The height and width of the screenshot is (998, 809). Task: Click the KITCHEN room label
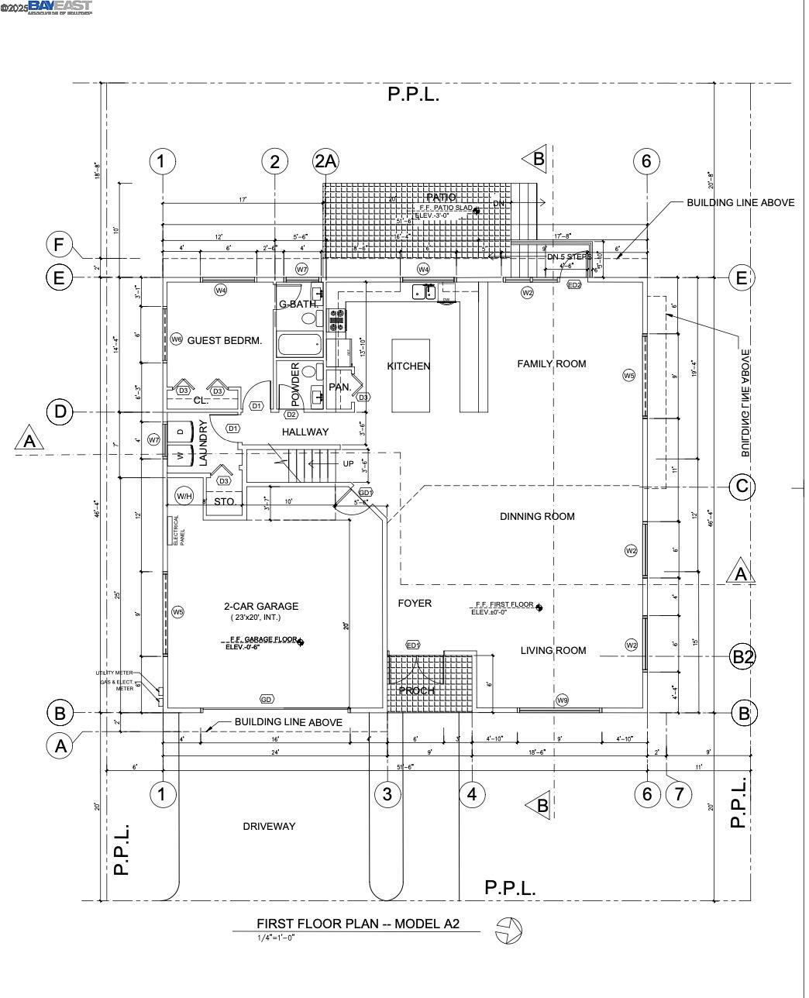[x=408, y=366]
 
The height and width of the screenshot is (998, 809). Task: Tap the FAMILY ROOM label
[x=551, y=363]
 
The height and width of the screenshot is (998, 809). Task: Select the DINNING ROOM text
[x=536, y=516]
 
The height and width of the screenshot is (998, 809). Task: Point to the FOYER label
[x=415, y=603]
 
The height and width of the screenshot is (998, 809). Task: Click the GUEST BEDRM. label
[x=225, y=340]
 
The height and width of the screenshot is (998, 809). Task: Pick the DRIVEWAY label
[x=269, y=826]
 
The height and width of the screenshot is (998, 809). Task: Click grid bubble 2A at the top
[x=325, y=161]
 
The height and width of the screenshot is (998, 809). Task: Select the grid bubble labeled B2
[x=743, y=657]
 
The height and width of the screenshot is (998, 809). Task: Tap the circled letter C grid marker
[x=742, y=487]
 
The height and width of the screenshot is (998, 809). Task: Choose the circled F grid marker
[x=59, y=245]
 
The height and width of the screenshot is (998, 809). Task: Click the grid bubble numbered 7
[x=679, y=793]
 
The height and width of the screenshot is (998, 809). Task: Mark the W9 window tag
[x=563, y=700]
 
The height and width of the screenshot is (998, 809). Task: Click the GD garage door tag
[x=267, y=699]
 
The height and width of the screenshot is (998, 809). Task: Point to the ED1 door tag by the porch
[x=413, y=645]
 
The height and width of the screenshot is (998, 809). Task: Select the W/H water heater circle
[x=184, y=496]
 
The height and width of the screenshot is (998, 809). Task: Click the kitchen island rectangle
[x=410, y=375]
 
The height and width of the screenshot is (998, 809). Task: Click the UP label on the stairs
[x=348, y=463]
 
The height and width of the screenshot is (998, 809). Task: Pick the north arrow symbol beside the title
[x=509, y=930]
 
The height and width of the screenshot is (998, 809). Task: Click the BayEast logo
[x=60, y=8]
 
